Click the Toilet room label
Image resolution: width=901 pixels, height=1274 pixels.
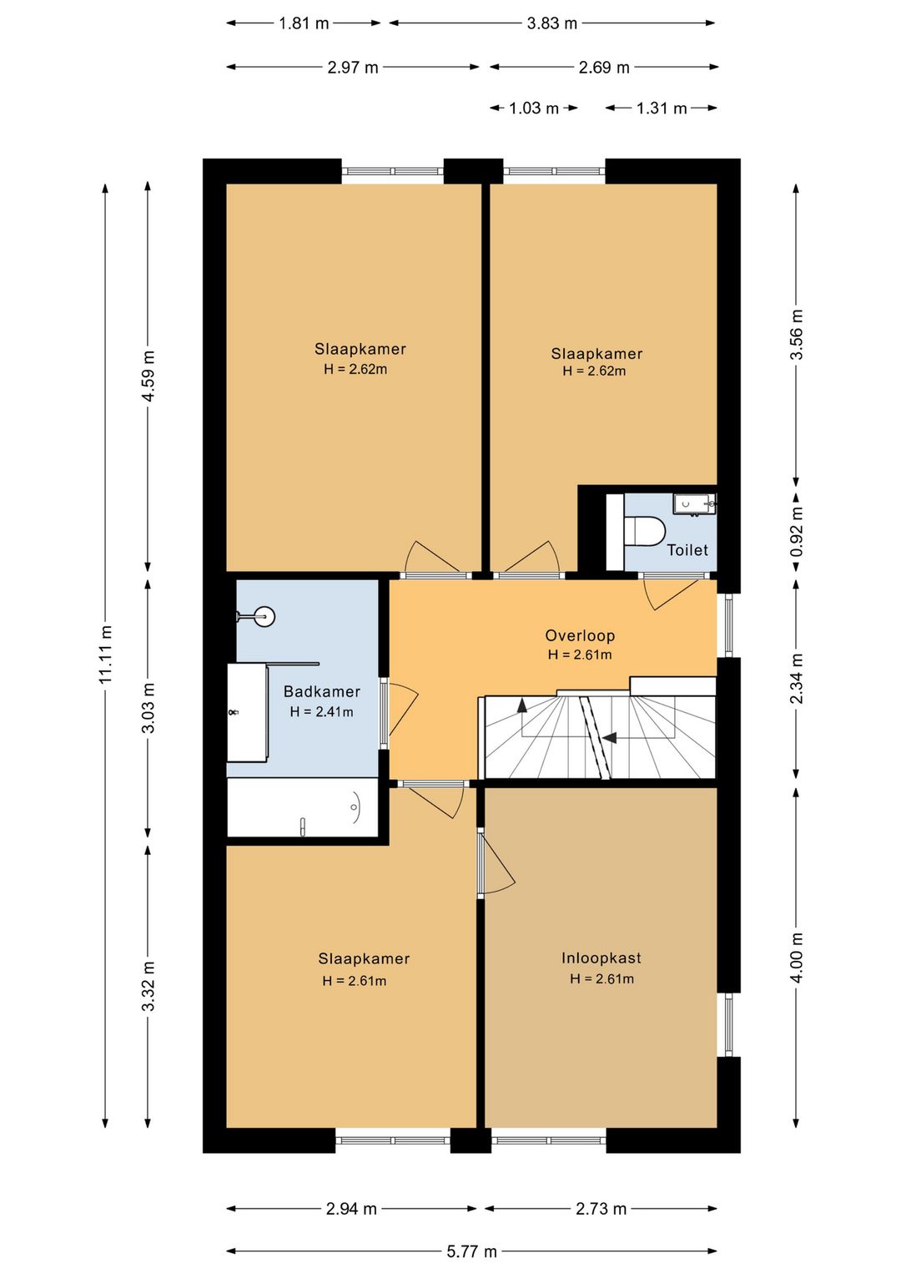(687, 550)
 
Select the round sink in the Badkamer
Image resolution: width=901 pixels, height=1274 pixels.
(263, 615)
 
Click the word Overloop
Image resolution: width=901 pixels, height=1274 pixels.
(579, 635)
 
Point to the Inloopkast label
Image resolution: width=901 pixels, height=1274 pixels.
(601, 958)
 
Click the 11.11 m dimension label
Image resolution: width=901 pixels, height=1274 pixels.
(106, 654)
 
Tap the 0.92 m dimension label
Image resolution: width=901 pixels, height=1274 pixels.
(797, 532)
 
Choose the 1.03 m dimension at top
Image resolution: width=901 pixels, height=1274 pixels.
(533, 108)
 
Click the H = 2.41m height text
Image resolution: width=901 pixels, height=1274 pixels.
(321, 711)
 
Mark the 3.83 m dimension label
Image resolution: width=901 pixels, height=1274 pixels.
(551, 23)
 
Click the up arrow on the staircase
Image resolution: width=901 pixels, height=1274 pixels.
(521, 705)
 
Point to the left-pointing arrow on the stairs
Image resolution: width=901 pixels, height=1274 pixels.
(609, 738)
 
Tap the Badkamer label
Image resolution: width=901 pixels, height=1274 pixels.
(322, 691)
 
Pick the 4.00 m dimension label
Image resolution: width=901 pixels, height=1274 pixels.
(797, 958)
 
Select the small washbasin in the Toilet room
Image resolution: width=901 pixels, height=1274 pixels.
(694, 504)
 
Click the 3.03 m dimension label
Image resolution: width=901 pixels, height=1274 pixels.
(148, 708)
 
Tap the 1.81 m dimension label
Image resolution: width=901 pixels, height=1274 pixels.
(304, 23)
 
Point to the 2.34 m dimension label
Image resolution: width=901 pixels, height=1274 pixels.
(797, 679)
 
